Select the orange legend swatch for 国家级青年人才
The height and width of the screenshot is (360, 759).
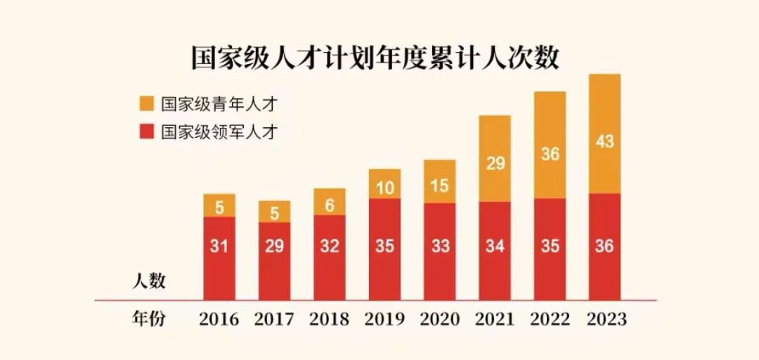[146, 103]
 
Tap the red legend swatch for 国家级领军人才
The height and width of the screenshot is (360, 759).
[146, 131]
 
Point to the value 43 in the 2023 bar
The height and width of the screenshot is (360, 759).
[604, 141]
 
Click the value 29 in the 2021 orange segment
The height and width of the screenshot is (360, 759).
[495, 164]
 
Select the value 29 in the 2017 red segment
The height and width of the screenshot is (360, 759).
[274, 246]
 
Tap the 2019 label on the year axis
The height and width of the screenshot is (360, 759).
[384, 319]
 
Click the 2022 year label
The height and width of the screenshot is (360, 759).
[550, 319]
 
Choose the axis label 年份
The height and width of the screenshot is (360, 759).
[148, 319]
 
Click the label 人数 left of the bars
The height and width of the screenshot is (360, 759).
[148, 282]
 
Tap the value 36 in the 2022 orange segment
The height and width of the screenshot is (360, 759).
[550, 153]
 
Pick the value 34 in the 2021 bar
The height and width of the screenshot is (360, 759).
[495, 246]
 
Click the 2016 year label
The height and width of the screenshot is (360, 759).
[219, 319]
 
